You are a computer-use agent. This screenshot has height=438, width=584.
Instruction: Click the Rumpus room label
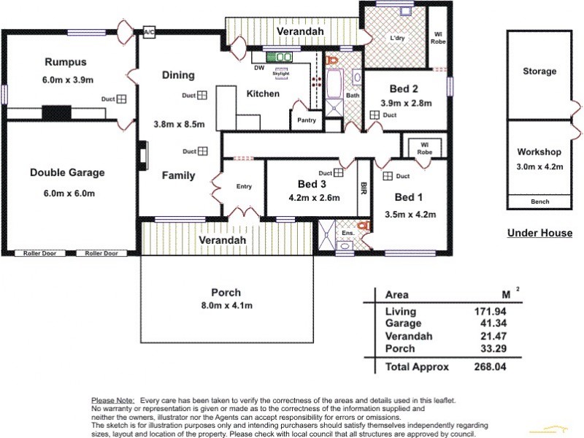point(65,62)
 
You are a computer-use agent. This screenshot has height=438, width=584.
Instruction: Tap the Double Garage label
point(67,173)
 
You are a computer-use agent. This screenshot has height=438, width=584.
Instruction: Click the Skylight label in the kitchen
point(282,74)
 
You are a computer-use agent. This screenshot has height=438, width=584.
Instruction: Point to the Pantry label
point(307,120)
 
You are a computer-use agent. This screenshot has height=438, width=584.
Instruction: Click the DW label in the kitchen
point(258,68)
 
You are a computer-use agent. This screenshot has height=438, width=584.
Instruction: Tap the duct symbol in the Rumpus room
point(123,99)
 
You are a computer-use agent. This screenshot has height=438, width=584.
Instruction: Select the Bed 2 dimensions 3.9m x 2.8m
point(406,103)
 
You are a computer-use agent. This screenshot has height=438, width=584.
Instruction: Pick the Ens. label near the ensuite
point(349,234)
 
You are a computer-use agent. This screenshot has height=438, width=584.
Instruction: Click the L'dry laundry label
point(397,38)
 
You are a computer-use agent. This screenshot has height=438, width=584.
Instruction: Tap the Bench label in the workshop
point(539,201)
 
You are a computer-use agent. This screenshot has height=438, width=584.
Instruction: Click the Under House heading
point(539,233)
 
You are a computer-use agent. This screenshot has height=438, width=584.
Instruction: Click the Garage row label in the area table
point(403,323)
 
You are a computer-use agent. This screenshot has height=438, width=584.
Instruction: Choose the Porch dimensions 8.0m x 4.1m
point(226,305)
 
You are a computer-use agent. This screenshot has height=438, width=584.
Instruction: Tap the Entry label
point(244,186)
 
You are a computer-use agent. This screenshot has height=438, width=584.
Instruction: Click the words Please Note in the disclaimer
point(112,401)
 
